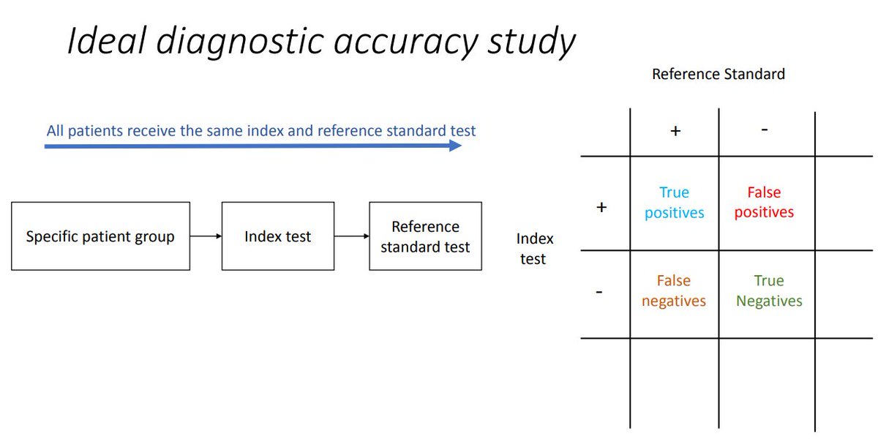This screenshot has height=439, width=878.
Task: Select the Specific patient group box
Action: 100,236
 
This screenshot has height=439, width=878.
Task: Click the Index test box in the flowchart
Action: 277,236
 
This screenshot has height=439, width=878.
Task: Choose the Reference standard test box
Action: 425,236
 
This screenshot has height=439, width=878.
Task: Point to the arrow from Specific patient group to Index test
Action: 206,236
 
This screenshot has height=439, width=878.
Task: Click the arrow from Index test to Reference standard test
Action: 351,236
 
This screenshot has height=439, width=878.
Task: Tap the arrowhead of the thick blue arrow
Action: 454,146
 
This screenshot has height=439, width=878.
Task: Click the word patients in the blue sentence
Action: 95,131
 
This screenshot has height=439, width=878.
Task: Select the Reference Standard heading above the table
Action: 718,74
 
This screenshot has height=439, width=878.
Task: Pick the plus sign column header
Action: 675,131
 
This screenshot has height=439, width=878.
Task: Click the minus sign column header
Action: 764,130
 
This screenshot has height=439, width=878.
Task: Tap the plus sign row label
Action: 601,207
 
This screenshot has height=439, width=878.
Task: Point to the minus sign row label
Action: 599,292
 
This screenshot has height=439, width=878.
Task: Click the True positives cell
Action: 674,203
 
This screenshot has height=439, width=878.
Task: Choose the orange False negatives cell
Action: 674,290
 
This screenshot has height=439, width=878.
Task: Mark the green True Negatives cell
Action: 769,290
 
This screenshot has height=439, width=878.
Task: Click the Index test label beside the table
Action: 535,248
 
